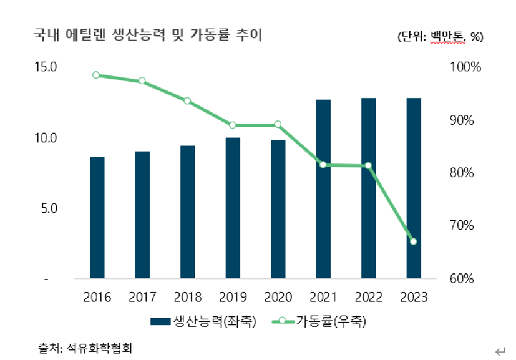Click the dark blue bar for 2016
pyautogui.click(x=97, y=218)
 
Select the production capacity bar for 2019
pyautogui.click(x=233, y=208)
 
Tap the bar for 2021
pyautogui.click(x=323, y=189)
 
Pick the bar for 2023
pyautogui.click(x=413, y=188)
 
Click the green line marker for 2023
pyautogui.click(x=413, y=241)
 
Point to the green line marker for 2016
pyautogui.click(x=96, y=75)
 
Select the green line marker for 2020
pyautogui.click(x=278, y=125)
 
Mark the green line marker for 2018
pyautogui.click(x=187, y=100)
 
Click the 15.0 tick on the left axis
pyautogui.click(x=46, y=67)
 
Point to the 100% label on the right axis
pyautogui.click(x=465, y=67)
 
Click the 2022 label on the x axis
pyautogui.click(x=368, y=297)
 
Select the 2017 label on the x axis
pyautogui.click(x=142, y=297)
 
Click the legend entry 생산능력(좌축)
pyautogui.click(x=203, y=322)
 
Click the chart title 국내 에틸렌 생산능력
pyautogui.click(x=148, y=36)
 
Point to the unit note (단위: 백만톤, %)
pyautogui.click(x=441, y=37)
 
